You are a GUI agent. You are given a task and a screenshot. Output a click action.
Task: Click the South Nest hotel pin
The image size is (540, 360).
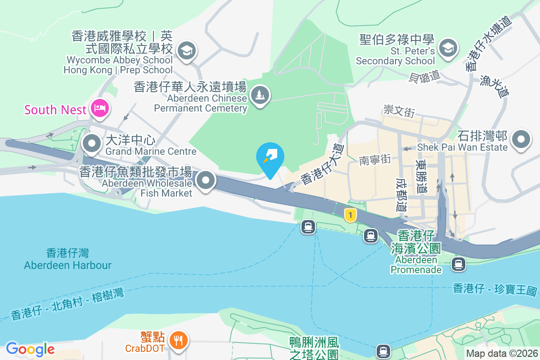[x=99, y=108]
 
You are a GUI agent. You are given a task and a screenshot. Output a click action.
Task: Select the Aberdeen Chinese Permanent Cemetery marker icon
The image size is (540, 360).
[x=260, y=95]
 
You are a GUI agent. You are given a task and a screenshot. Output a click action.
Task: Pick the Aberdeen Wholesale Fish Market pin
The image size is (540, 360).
[x=206, y=180]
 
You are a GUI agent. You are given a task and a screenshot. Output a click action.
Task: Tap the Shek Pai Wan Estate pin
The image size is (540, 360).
[x=521, y=138]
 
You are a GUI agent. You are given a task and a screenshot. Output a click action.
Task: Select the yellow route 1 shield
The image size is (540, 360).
[x=350, y=215]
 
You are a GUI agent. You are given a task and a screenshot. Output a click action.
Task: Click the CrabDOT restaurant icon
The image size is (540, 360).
[x=179, y=341]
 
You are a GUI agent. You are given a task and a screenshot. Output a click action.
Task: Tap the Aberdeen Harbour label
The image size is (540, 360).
[x=67, y=259]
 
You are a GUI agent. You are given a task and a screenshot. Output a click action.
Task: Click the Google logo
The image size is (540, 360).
[x=30, y=349]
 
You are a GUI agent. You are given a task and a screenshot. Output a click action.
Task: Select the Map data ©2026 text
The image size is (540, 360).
[x=501, y=353]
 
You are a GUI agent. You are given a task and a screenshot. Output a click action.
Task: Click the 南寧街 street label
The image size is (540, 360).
[x=375, y=159]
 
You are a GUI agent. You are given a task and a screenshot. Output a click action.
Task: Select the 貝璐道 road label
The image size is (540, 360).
[x=424, y=76]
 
